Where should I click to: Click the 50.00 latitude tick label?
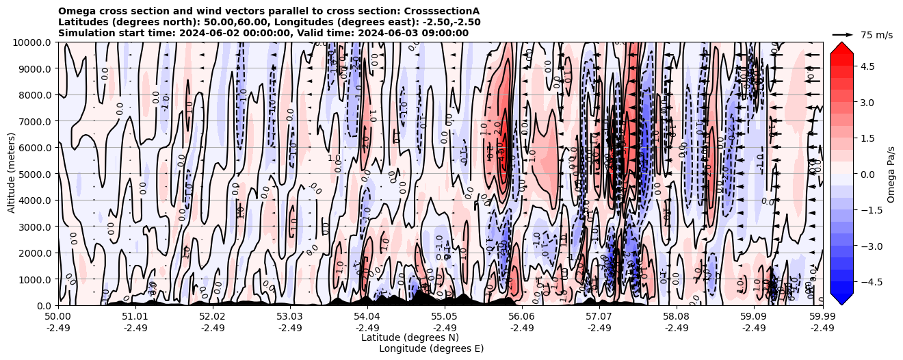click(58, 316)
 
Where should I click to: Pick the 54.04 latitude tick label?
click(367, 316)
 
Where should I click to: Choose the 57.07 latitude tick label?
click(599, 316)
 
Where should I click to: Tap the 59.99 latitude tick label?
click(822, 316)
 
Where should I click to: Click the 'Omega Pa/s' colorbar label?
click(891, 174)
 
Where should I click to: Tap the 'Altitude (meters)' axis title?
click(12, 174)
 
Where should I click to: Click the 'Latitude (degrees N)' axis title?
click(410, 337)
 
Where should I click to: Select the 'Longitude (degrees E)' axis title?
click(431, 348)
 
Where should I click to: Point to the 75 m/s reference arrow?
click(842, 34)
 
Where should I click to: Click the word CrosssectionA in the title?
click(443, 11)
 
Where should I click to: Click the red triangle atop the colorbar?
click(841, 47)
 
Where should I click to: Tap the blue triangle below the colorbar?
click(841, 299)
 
